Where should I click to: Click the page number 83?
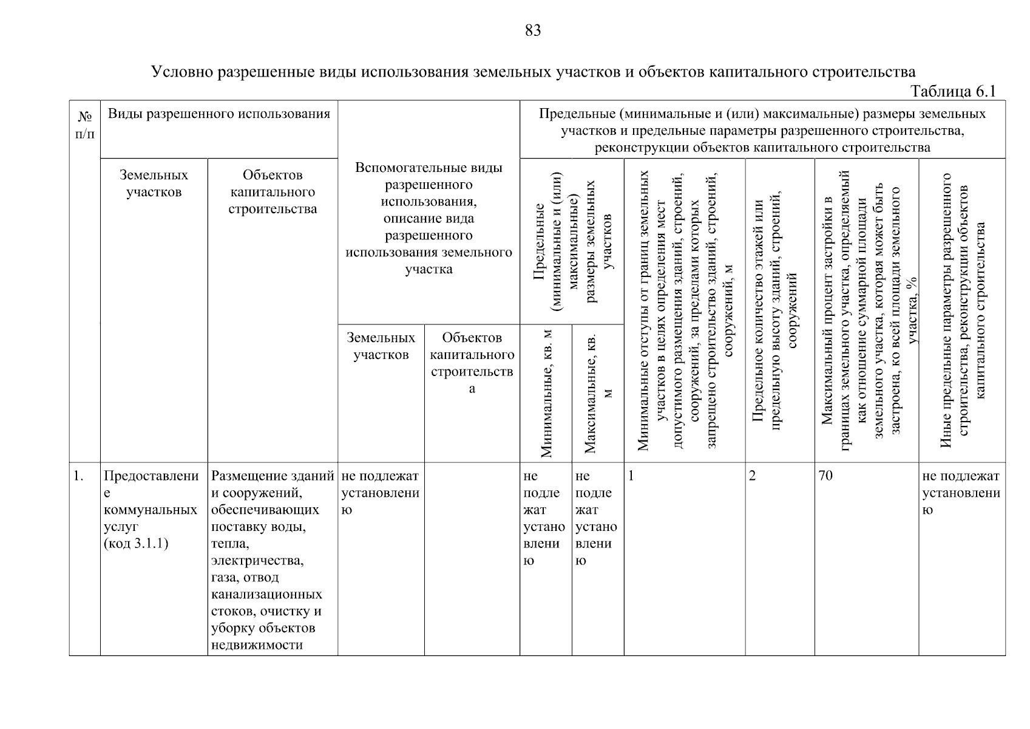click(x=532, y=30)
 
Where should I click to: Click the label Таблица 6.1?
click(x=953, y=91)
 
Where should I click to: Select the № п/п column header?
click(x=85, y=125)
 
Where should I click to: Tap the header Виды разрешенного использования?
click(x=219, y=114)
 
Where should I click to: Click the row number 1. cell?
click(x=78, y=476)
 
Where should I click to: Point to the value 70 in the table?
click(x=825, y=476)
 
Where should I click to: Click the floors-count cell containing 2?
click(x=753, y=476)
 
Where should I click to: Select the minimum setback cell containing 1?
click(x=631, y=476)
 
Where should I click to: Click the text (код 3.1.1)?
click(x=136, y=543)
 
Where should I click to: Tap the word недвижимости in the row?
click(x=257, y=645)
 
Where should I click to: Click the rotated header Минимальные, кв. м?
click(x=546, y=394)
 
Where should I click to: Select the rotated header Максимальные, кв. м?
click(x=598, y=394)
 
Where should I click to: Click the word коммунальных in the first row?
click(x=151, y=510)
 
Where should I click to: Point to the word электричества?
click(x=257, y=560)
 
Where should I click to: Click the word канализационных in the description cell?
click(x=266, y=594)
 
